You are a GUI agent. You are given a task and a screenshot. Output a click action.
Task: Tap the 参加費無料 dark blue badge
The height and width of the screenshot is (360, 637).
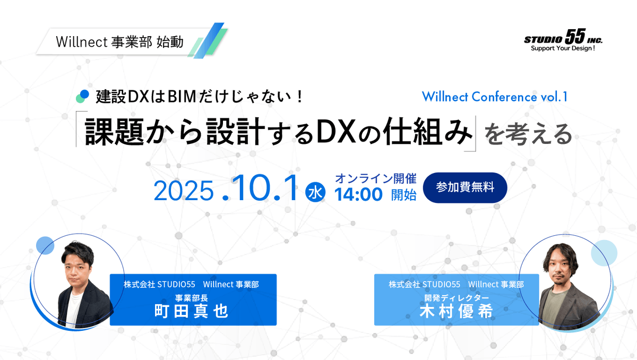point(465,187)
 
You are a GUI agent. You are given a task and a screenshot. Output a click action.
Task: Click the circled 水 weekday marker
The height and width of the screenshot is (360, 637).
point(315,192)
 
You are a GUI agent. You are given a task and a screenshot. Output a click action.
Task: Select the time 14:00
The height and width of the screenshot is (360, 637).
point(358,195)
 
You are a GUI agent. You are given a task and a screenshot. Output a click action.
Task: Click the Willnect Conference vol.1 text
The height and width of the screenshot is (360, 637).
point(495,97)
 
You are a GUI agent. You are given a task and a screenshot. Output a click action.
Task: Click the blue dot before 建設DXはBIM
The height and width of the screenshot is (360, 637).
point(83,93)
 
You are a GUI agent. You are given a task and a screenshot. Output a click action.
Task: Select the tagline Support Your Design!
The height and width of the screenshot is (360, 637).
point(563,48)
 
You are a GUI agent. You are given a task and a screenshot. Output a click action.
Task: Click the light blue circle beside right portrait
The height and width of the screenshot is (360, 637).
point(604,252)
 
